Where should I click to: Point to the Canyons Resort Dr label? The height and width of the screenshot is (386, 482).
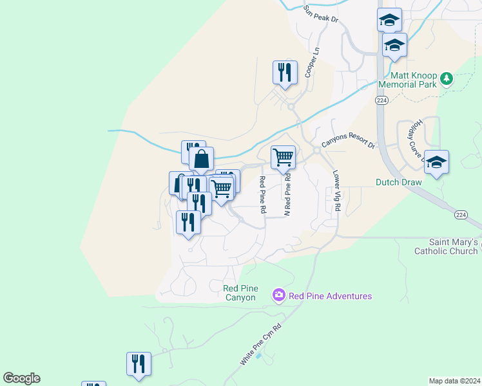click(x=348, y=141)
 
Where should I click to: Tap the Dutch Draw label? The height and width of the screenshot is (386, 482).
click(x=398, y=182)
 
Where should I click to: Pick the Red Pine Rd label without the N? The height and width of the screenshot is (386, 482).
click(x=263, y=195)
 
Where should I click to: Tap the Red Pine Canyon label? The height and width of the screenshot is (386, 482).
click(x=240, y=293)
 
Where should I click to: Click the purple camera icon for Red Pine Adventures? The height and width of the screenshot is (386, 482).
click(x=279, y=295)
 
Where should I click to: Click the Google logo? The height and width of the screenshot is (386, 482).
click(x=21, y=378)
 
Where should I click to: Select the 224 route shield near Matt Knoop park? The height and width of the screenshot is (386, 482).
click(x=380, y=100)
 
